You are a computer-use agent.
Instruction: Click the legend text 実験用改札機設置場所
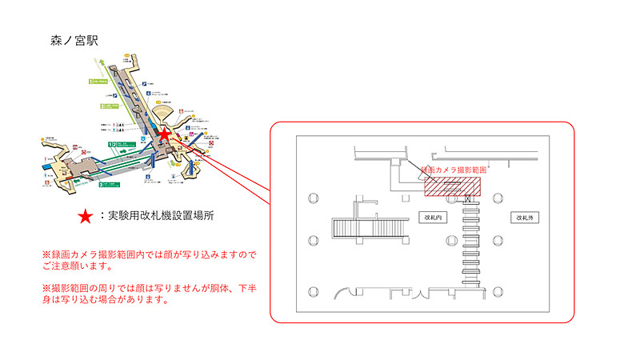(x=159, y=215)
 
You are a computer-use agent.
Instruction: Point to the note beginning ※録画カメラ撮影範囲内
(x=144, y=259)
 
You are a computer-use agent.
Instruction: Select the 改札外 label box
(x=525, y=218)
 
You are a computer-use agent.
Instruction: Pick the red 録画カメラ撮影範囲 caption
(x=453, y=170)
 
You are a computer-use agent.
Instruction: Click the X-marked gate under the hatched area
(x=467, y=200)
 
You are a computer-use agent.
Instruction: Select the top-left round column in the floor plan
(x=312, y=197)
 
